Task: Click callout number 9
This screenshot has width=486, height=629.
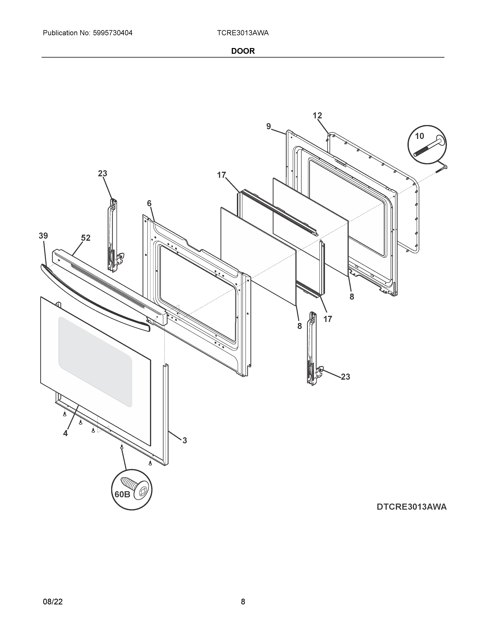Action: (x=268, y=126)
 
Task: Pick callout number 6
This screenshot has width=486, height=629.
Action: (x=149, y=203)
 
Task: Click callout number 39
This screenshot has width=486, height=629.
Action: (x=43, y=236)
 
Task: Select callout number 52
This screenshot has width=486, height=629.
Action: (x=86, y=238)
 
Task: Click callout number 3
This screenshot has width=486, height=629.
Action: (x=184, y=440)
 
